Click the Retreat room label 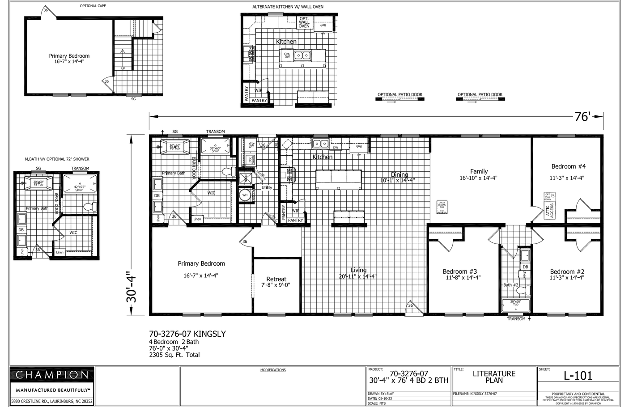pos(276,279)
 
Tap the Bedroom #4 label pos(568,166)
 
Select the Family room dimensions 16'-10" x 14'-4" pos(478,178)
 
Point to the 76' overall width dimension pos(583,117)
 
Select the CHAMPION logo pos(52,375)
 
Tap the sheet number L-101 pos(578,376)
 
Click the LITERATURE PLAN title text pos(494,377)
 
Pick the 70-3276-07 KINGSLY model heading pos(187,334)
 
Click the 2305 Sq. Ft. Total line pos(174,355)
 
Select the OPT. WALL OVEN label pos(304,22)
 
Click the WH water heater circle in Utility pos(245,195)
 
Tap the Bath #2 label pos(510,285)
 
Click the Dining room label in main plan pos(399,175)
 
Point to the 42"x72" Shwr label pos(79,188)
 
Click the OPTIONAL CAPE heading pos(93,6)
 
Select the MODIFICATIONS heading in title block pos(273,370)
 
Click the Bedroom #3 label pos(459,271)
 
